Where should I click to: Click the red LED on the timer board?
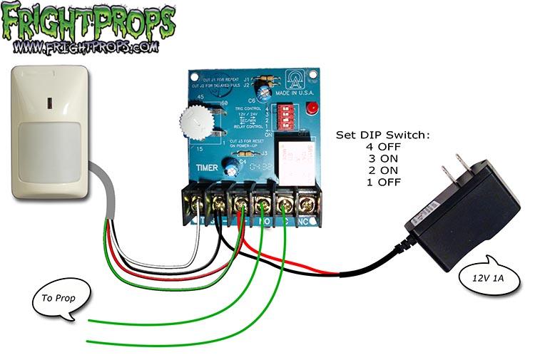coord(312,108)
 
